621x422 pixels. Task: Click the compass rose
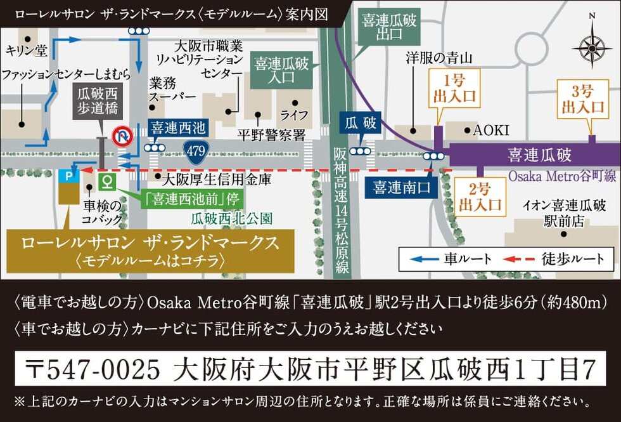click(x=591, y=46)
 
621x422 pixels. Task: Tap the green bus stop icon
click(x=108, y=182)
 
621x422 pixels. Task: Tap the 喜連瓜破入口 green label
click(x=279, y=70)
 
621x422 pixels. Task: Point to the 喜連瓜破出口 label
click(x=389, y=29)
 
